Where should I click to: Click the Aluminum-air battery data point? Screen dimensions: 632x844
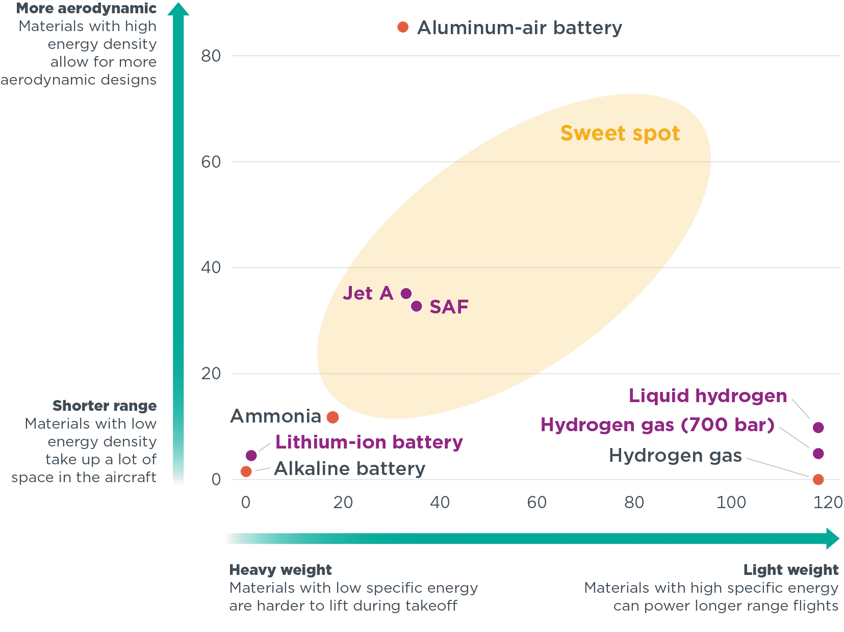(403, 27)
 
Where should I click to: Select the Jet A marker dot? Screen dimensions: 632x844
(406, 294)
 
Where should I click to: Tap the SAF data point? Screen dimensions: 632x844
(417, 306)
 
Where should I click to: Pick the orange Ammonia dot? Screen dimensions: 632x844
(333, 417)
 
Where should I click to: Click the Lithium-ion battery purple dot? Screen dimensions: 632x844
(251, 455)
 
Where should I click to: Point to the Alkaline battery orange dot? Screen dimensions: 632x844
(246, 471)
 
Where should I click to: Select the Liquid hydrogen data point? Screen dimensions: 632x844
(818, 428)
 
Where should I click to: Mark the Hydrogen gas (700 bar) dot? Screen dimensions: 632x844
(818, 454)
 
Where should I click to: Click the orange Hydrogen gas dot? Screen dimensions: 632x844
(818, 480)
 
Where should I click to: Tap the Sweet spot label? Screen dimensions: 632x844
(620, 134)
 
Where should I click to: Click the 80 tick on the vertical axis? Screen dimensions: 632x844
(211, 56)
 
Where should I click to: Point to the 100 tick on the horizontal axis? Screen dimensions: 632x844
(731, 503)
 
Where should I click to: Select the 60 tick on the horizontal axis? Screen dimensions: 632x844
(536, 503)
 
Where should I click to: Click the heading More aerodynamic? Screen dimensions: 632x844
(86, 9)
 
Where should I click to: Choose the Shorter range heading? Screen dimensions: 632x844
(105, 406)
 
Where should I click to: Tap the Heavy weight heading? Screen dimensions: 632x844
(280, 570)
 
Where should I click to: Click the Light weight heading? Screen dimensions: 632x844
(790, 570)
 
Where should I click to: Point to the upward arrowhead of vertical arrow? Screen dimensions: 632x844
(178, 9)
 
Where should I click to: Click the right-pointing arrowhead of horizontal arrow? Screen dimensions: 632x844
(832, 539)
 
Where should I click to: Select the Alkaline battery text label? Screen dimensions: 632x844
(349, 469)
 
